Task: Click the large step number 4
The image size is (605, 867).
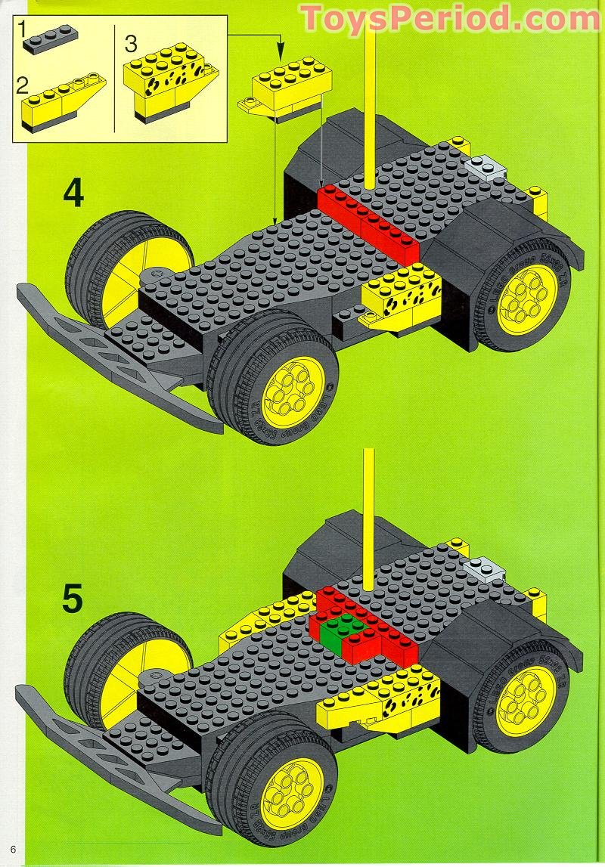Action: [x=73, y=194]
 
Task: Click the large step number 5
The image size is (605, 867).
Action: [x=73, y=599]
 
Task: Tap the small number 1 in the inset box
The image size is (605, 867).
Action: [x=23, y=29]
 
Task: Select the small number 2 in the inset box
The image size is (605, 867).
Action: [x=23, y=85]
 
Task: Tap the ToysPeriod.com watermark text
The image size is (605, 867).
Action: [x=449, y=18]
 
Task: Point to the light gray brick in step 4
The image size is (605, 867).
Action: [x=485, y=166]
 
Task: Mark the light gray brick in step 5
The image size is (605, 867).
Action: [x=485, y=567]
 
